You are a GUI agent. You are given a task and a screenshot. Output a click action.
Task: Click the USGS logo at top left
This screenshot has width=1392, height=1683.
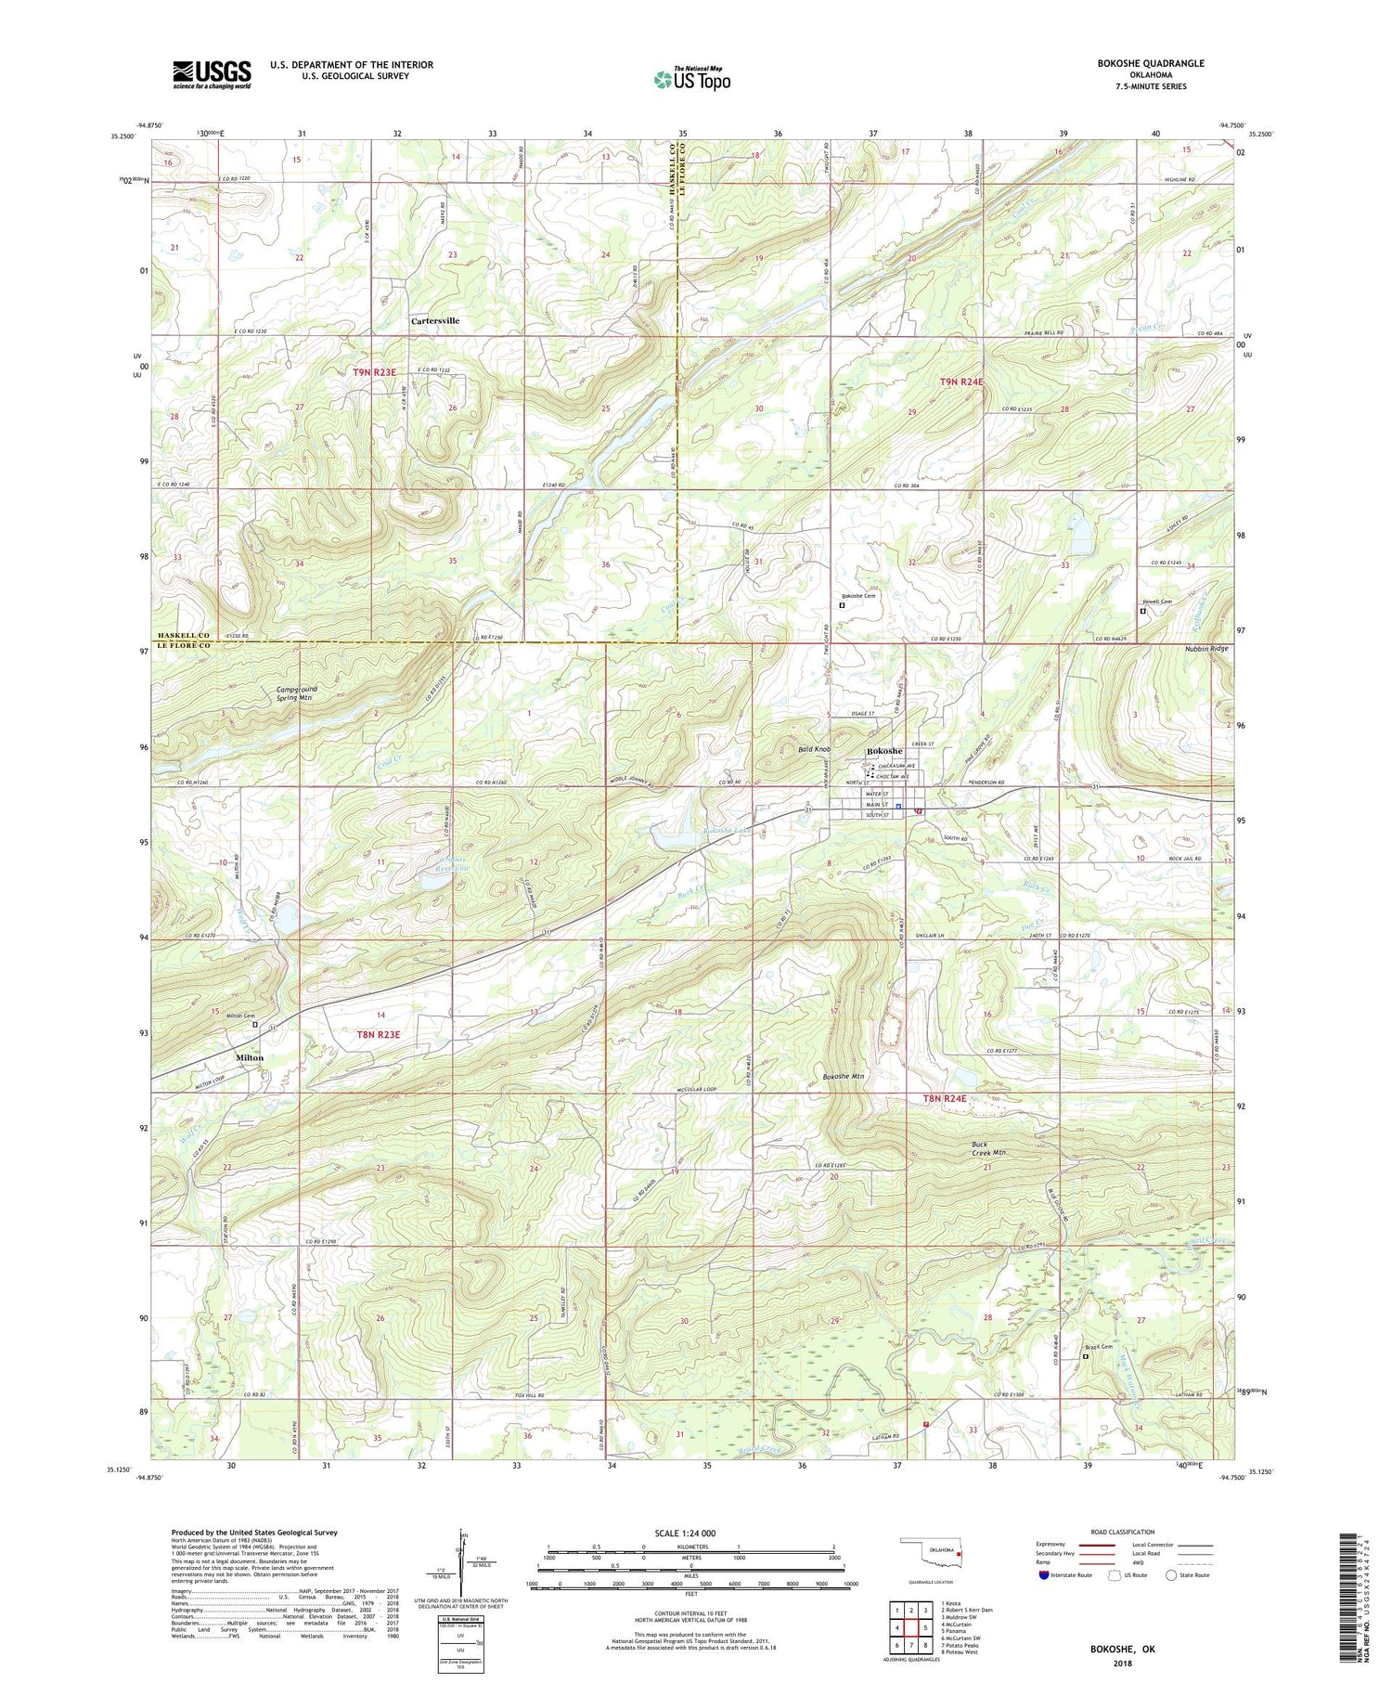click(212, 74)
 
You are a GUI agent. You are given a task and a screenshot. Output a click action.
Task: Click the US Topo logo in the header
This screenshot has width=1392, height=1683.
click(692, 79)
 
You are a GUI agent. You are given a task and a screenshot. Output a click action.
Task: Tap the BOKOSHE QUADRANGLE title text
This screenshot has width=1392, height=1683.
click(1151, 63)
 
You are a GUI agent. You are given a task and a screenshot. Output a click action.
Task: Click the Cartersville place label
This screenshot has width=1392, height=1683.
click(435, 321)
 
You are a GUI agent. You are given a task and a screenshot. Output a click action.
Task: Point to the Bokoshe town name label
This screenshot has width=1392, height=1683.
click(883, 751)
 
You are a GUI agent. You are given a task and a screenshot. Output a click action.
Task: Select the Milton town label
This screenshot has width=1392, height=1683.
click(250, 1058)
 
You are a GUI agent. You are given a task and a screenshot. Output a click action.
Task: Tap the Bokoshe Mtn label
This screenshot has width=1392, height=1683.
click(844, 1077)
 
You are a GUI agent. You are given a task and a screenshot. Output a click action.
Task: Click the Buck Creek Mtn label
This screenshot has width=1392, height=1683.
click(988, 1149)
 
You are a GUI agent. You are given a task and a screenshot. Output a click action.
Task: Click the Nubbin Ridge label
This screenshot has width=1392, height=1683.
click(1205, 649)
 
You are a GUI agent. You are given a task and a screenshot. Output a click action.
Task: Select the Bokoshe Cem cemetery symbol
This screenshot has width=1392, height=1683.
click(842, 604)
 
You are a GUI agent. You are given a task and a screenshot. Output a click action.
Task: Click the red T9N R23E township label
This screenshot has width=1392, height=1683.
click(374, 372)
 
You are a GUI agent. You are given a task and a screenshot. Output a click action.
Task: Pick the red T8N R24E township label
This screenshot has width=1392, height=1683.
click(945, 1099)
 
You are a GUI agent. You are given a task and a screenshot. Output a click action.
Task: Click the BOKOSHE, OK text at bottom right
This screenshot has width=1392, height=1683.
click(1123, 1649)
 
